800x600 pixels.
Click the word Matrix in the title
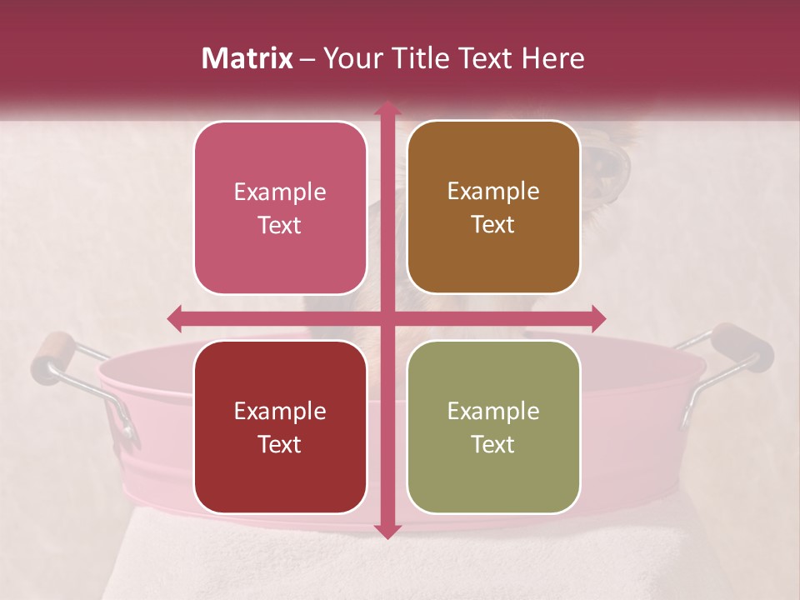pos(247,58)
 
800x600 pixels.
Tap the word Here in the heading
pos(552,58)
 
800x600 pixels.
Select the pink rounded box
pos(280,208)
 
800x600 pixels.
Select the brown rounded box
pos(493,207)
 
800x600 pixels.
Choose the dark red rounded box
pos(280,427)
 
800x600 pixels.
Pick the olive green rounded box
pos(493,427)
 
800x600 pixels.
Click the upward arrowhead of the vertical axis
pos(387,108)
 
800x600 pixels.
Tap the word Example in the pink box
pos(280,192)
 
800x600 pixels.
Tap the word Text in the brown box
pos(493,224)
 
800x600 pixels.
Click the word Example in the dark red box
pos(280,411)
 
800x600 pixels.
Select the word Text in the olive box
pos(493,444)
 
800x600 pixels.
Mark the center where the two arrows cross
pos(387,317)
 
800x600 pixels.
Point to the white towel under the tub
pos(400,567)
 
